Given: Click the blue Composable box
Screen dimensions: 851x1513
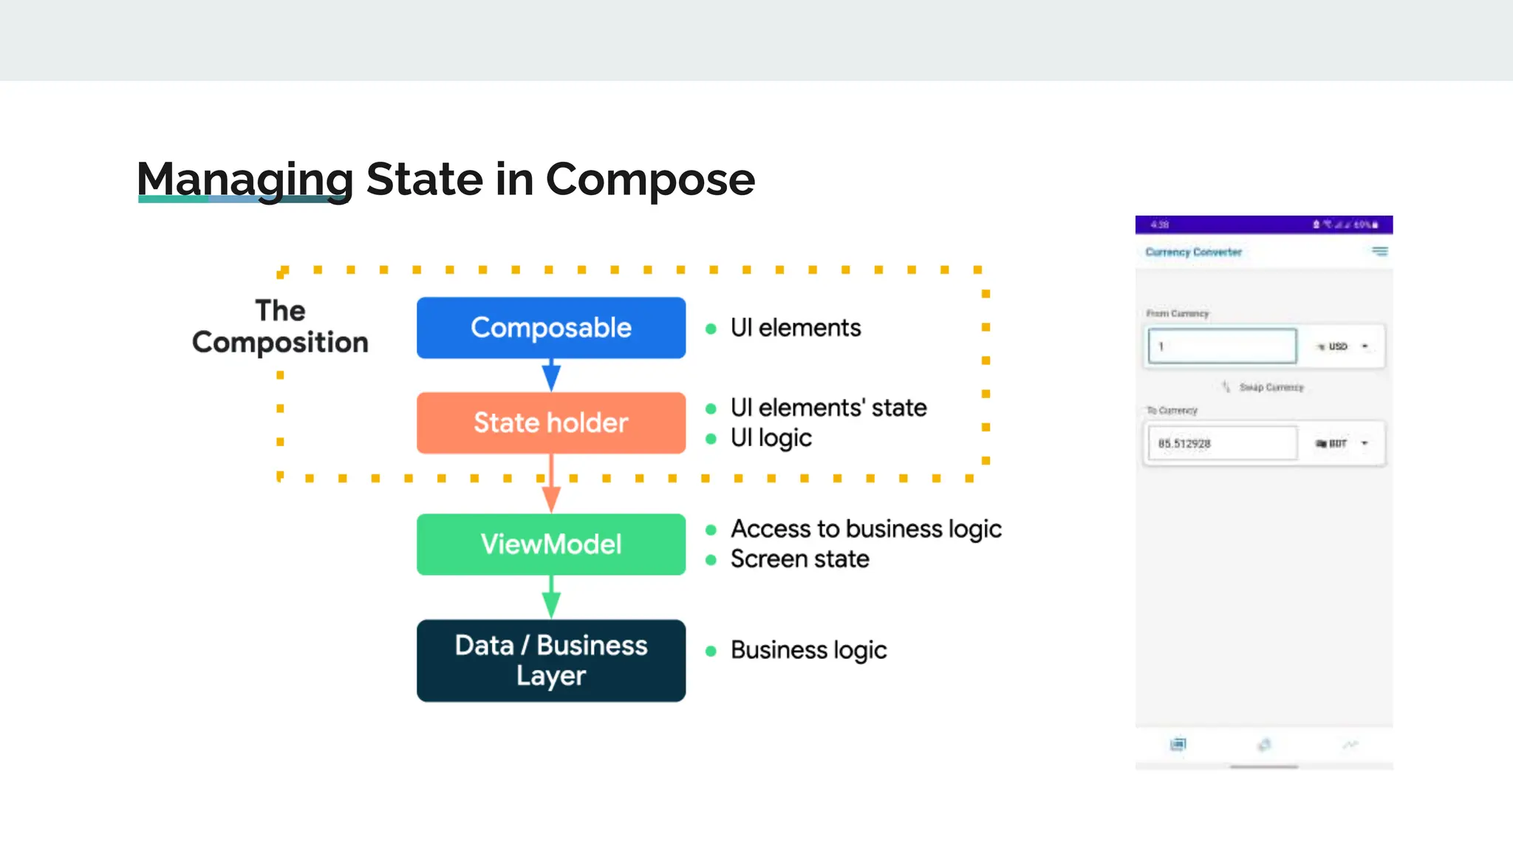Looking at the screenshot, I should tap(550, 328).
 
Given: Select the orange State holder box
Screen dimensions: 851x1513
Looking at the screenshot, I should tap(550, 423).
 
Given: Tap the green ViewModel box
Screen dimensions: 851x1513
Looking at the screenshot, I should tap(550, 544).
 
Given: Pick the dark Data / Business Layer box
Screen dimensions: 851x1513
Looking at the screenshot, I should tap(550, 660).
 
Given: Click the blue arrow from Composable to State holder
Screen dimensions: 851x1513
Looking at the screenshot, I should tap(551, 375).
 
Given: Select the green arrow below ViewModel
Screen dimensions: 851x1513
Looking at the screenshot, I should tap(551, 597).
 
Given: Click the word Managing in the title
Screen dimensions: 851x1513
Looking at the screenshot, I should tap(245, 180).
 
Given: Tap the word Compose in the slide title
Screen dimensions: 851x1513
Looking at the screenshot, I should tap(650, 180).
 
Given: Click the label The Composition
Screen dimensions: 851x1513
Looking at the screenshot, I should tap(280, 327).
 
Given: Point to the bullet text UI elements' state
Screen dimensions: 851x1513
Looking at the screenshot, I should tap(828, 408).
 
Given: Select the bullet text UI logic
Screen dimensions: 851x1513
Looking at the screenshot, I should tap(771, 438).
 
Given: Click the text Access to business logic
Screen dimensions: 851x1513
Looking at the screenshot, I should tap(866, 529).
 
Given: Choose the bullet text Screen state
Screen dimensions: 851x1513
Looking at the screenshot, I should tap(799, 559).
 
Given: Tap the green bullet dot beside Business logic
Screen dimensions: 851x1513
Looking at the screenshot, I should tap(711, 651).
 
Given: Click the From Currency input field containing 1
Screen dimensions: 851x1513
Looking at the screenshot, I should tap(1222, 346).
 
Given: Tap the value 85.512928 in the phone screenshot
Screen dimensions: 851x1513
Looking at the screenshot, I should tap(1184, 444).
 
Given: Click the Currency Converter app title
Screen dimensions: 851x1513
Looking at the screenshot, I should tap(1193, 252).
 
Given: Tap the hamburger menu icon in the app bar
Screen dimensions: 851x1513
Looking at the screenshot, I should tap(1379, 251).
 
